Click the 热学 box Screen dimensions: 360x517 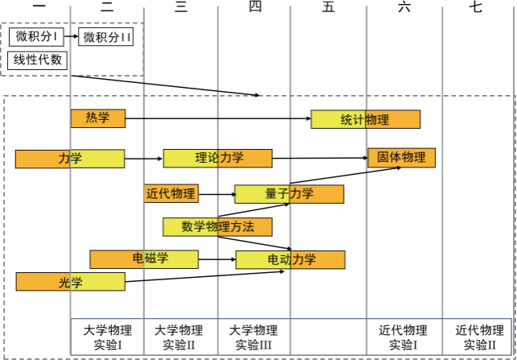point(97,118)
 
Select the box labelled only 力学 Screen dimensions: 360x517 point(70,159)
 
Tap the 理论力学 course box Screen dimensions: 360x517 point(217,158)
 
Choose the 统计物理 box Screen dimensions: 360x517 point(366,119)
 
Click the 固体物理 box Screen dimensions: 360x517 point(401,158)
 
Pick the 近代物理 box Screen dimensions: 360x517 point(170,193)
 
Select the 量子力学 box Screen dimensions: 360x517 point(289,194)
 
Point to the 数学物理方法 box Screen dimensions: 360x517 point(217,227)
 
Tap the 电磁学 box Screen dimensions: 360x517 point(144,259)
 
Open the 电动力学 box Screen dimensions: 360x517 point(291,259)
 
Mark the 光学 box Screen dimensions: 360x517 point(70,282)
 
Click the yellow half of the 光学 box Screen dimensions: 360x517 point(97,282)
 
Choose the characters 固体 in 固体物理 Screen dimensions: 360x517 point(390,158)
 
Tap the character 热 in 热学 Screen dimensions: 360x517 point(92,118)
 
